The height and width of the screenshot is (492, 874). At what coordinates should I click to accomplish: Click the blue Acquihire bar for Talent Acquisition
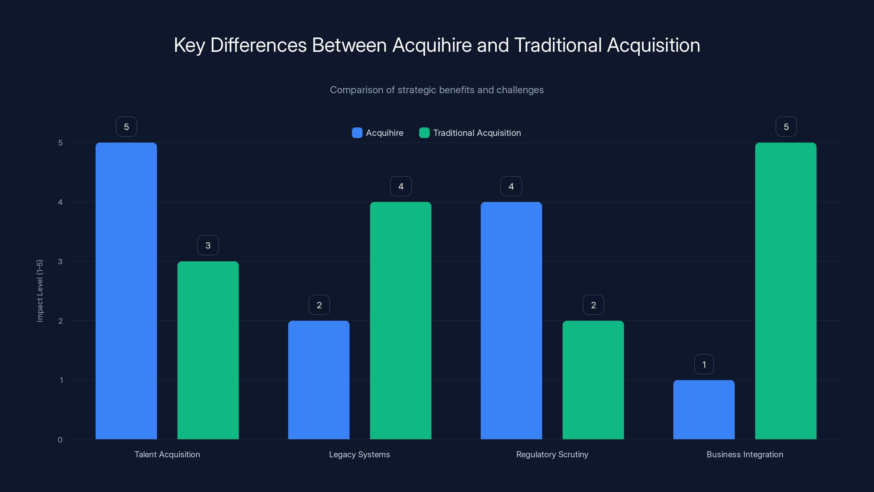point(126,291)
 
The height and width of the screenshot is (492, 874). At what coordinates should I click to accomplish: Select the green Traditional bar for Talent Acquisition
point(208,350)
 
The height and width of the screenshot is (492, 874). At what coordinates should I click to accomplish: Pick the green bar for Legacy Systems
point(400,321)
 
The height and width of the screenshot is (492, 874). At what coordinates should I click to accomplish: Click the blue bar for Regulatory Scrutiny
point(511,321)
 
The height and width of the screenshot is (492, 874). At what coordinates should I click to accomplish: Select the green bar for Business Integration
point(786,291)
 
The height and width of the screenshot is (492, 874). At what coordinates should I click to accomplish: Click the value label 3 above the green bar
point(208,245)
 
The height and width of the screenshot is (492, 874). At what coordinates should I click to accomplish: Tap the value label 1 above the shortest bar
point(704,364)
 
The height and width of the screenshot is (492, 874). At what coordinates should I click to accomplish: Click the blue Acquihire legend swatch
point(357,133)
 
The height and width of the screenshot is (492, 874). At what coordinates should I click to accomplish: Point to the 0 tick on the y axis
point(60,440)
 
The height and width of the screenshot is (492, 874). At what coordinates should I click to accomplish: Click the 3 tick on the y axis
point(60,262)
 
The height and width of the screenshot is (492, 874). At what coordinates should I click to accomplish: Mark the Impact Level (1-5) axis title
point(40,291)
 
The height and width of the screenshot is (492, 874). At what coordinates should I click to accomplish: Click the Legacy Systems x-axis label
point(359,454)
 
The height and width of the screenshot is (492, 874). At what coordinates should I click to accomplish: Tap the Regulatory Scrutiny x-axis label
point(552,454)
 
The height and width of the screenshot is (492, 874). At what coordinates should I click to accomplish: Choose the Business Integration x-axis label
point(745,454)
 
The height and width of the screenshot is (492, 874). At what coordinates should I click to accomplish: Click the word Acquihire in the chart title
point(432,45)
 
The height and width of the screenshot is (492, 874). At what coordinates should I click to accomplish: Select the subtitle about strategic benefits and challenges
point(437,90)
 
